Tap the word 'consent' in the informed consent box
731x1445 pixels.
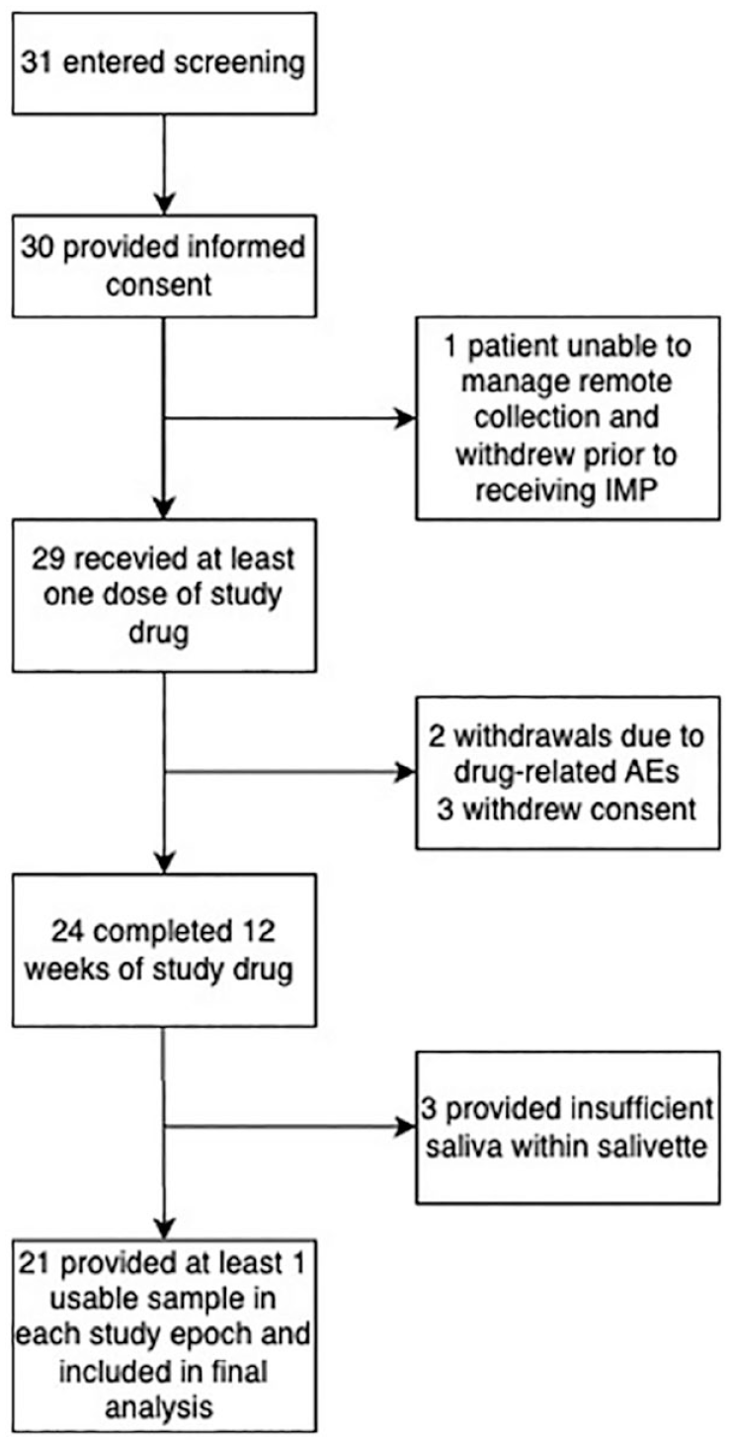coord(159,285)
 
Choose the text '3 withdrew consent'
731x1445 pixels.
coord(567,808)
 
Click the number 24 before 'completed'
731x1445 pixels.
coord(68,931)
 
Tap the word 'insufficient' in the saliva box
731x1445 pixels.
coord(641,1110)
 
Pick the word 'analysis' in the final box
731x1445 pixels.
coord(159,1407)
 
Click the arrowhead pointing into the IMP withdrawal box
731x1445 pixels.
coord(405,419)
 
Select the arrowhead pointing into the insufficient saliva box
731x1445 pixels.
coord(405,1127)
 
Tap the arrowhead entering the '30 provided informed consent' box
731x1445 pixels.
coord(164,205)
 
